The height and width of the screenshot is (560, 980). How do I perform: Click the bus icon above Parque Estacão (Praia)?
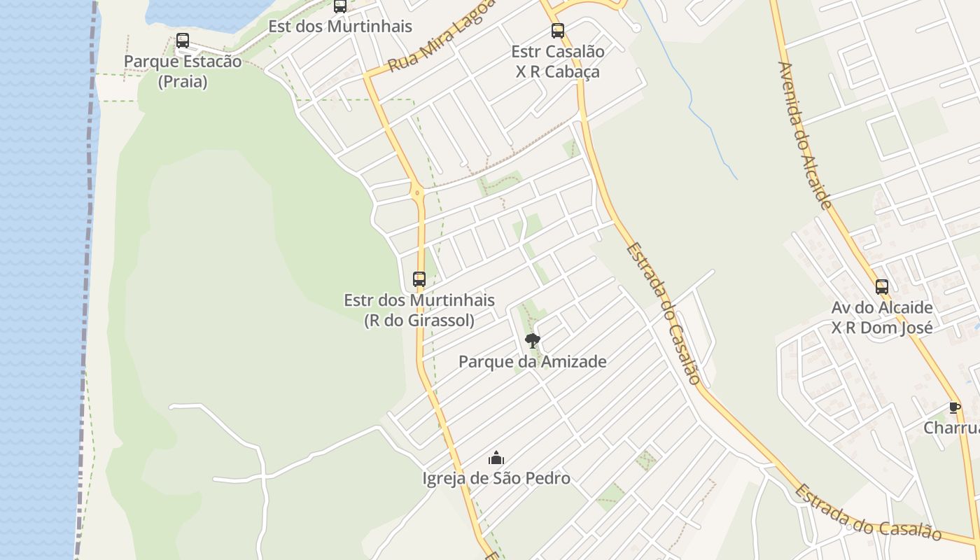coord(183,41)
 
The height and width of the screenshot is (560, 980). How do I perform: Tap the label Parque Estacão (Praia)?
coord(183,71)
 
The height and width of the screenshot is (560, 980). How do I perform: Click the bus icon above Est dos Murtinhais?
coord(340,6)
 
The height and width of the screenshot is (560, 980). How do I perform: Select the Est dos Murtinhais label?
coord(340,27)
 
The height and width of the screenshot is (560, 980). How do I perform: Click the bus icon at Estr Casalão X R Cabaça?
coord(557,31)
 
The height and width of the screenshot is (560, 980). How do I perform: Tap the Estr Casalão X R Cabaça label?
coord(558,62)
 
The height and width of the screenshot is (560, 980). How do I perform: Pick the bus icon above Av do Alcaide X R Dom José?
coord(882,287)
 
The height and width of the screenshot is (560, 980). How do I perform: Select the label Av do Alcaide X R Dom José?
coord(882,318)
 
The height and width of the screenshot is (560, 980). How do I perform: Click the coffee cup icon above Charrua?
coord(954,407)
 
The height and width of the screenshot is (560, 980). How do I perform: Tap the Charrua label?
coord(952,428)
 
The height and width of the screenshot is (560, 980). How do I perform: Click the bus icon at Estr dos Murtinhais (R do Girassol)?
coord(419,279)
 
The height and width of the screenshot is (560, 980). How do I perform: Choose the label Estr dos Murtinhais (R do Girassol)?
coord(419,310)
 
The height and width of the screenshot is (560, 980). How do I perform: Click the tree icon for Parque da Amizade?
coord(532,341)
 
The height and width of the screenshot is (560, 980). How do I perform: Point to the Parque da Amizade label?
coord(532,362)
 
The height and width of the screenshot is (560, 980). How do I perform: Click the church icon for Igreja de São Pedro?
coord(496,458)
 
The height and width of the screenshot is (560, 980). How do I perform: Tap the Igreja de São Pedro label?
coord(496,479)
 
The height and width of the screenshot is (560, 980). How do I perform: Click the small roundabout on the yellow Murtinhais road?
coord(417,192)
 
